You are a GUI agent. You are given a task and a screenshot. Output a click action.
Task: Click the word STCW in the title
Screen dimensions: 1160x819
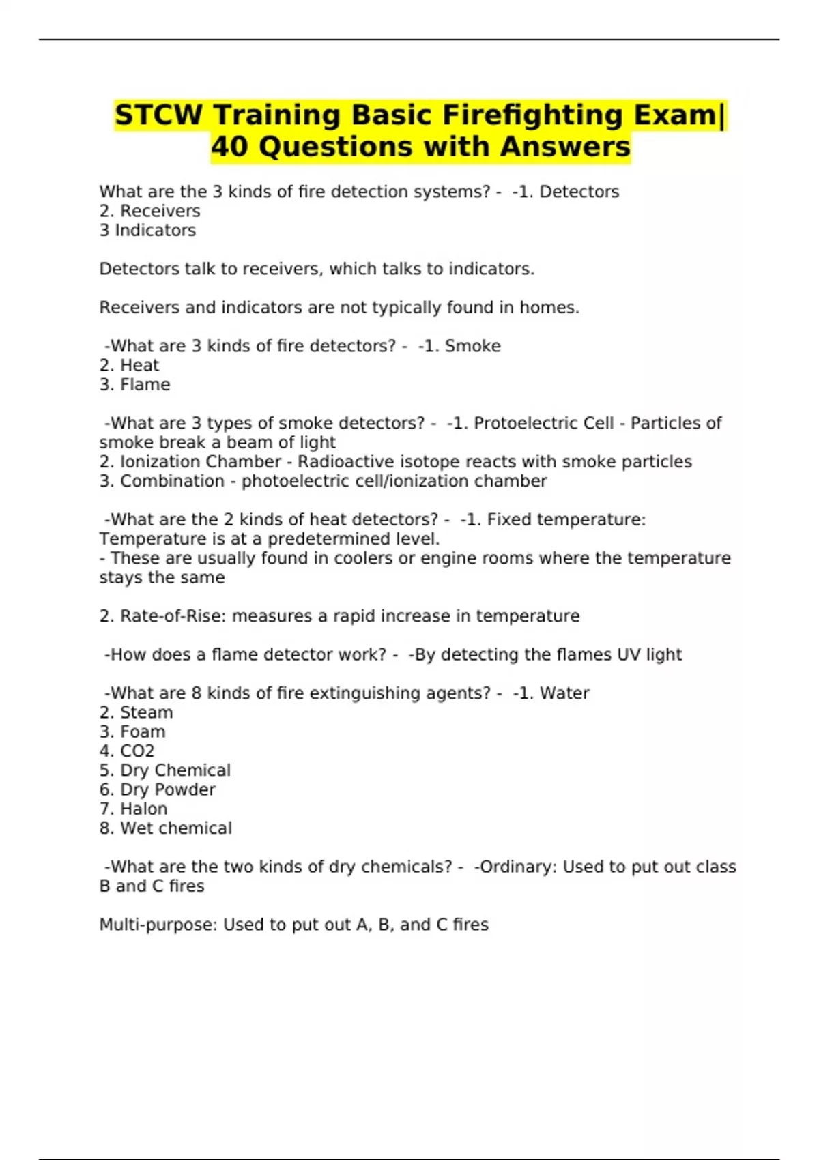pos(158,115)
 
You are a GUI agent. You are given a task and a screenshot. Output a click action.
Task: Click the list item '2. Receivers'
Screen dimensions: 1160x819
pos(149,211)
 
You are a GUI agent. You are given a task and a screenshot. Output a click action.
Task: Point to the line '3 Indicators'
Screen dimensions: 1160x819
pos(147,231)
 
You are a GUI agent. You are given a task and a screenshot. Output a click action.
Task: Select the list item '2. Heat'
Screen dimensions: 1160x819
pos(129,366)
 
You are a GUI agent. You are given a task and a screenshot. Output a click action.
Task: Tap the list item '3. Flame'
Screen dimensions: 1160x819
pos(134,385)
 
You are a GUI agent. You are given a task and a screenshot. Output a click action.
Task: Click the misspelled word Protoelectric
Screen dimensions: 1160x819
pos(519,423)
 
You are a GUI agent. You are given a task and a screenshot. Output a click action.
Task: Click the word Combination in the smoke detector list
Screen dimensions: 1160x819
pos(172,481)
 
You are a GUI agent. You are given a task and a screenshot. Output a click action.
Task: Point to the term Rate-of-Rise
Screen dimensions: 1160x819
pos(172,616)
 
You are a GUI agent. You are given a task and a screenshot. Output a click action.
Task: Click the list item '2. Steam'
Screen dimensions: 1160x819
pos(136,712)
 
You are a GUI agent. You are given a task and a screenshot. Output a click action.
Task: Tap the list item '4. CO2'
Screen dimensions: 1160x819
pos(127,751)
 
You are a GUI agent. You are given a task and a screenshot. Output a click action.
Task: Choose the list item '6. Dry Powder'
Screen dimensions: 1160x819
pos(157,789)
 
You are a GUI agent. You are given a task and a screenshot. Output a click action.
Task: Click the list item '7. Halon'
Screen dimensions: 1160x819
pos(133,809)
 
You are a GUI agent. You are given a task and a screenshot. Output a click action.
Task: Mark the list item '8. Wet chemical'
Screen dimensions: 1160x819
pos(165,828)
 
